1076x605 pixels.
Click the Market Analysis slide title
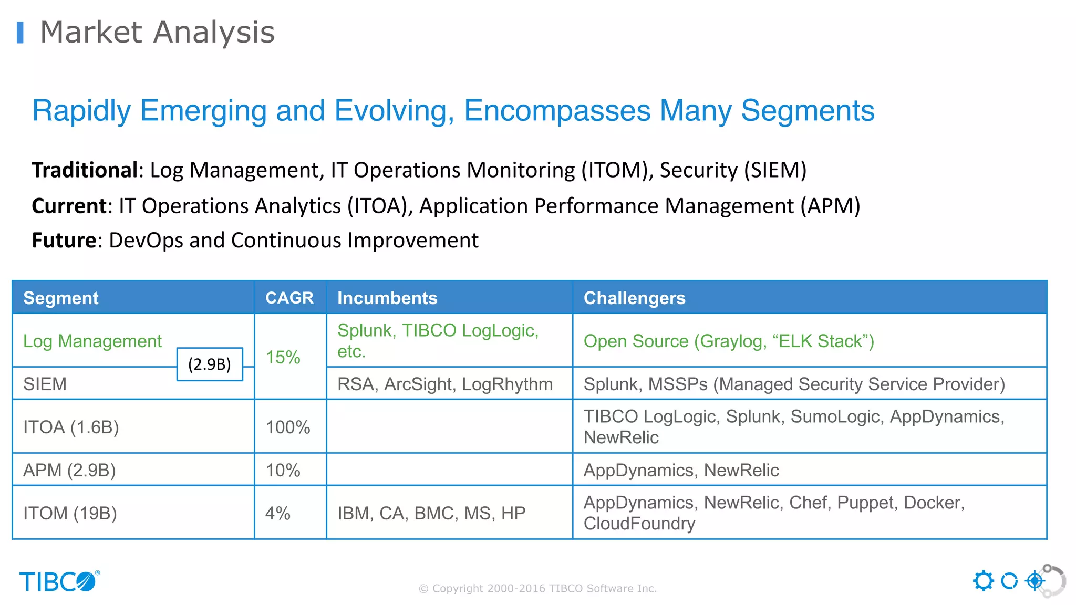(157, 33)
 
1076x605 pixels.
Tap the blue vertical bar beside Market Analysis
(20, 33)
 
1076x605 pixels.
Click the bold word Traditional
(84, 170)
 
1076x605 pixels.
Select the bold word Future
(64, 241)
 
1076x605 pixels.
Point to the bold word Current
(69, 206)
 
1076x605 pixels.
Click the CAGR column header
(289, 298)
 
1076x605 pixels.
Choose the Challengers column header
(634, 298)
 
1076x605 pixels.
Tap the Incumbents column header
(387, 298)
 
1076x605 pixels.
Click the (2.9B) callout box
(210, 364)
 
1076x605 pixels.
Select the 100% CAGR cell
(288, 427)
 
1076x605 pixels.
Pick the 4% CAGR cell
(278, 513)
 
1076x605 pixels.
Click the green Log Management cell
(92, 341)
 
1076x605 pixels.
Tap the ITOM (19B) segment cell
(70, 513)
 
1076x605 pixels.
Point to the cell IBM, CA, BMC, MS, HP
(431, 513)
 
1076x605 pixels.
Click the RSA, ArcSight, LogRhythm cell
(444, 384)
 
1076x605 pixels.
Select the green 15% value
(283, 358)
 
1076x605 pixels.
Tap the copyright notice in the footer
(537, 589)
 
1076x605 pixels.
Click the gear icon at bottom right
(983, 581)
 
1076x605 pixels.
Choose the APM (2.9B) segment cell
(69, 470)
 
